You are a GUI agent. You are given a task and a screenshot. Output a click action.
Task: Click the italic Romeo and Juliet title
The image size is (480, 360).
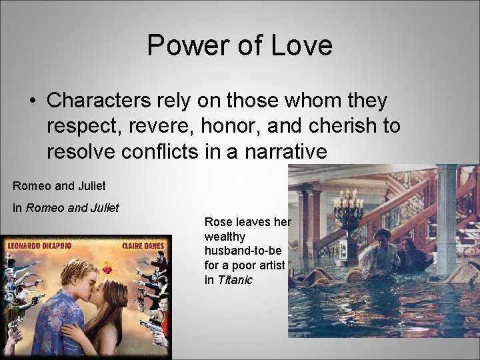pyautogui.click(x=72, y=208)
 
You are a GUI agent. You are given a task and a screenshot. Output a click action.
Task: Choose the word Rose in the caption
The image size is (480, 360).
pyautogui.click(x=217, y=222)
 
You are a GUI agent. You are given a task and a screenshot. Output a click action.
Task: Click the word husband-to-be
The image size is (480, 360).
pyautogui.click(x=243, y=251)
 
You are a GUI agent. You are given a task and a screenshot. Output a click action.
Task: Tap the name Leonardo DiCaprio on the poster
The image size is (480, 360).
pyautogui.click(x=39, y=245)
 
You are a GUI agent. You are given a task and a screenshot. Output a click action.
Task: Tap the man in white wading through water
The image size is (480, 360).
pyautogui.click(x=382, y=253)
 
